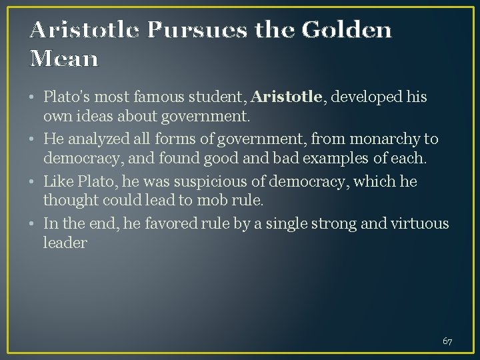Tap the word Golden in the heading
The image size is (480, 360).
347,30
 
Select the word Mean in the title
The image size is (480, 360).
64,59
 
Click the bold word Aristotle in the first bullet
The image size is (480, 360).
287,97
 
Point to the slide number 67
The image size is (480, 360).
447,341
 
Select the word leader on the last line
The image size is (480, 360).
65,243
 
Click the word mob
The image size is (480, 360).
195,200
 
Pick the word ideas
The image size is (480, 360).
95,117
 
